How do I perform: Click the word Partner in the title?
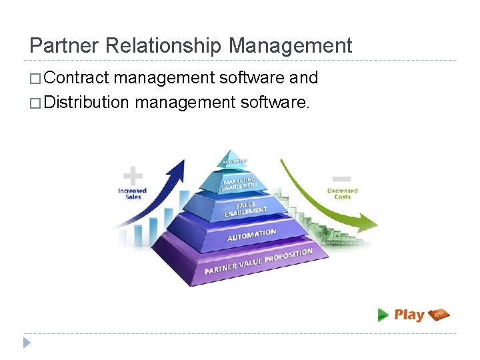pyautogui.click(x=63, y=45)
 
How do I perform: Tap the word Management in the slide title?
pyautogui.click(x=290, y=45)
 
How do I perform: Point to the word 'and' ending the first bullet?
pyautogui.click(x=303, y=77)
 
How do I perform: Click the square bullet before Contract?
pyautogui.click(x=35, y=78)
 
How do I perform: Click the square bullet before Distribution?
pyautogui.click(x=35, y=103)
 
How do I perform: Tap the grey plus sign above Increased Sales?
pyautogui.click(x=133, y=177)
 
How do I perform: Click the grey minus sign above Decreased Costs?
pyautogui.click(x=342, y=178)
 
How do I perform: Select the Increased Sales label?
pyautogui.click(x=132, y=193)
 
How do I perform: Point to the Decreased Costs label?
pyautogui.click(x=342, y=193)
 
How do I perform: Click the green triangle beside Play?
pyautogui.click(x=383, y=315)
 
